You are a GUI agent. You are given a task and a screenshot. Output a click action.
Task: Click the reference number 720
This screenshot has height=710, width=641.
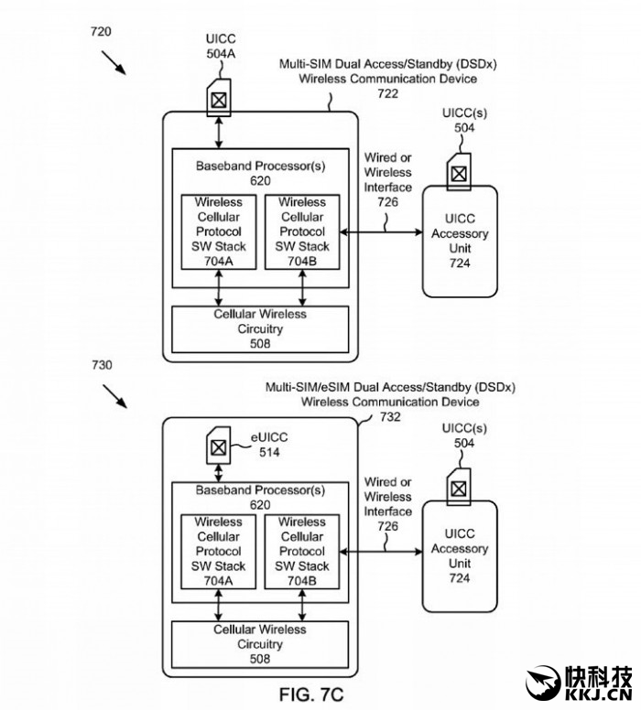tap(101, 31)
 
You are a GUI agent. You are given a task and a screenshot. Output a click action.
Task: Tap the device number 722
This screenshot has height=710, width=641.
tap(387, 93)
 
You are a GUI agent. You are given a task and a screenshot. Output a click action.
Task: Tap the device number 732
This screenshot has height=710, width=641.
tap(391, 416)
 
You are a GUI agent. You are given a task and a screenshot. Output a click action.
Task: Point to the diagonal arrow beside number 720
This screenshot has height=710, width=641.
tap(115, 62)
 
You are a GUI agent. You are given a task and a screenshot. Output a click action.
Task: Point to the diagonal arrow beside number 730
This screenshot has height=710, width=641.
tap(115, 396)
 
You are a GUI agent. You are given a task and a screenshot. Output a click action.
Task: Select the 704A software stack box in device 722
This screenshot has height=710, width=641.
tap(218, 231)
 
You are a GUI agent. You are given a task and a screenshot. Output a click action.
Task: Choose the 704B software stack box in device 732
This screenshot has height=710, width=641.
tap(302, 550)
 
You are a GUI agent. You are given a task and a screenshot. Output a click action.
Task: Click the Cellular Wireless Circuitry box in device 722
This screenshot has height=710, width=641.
tap(260, 328)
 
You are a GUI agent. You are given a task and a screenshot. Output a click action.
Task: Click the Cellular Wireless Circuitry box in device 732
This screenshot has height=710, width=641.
tap(260, 644)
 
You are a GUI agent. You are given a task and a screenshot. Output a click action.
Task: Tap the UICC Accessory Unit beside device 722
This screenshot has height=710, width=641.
tap(460, 241)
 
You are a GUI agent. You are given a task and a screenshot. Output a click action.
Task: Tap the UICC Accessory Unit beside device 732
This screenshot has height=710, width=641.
tap(460, 556)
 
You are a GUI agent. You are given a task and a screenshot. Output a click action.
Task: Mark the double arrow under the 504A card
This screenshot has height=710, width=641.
tap(218, 133)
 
